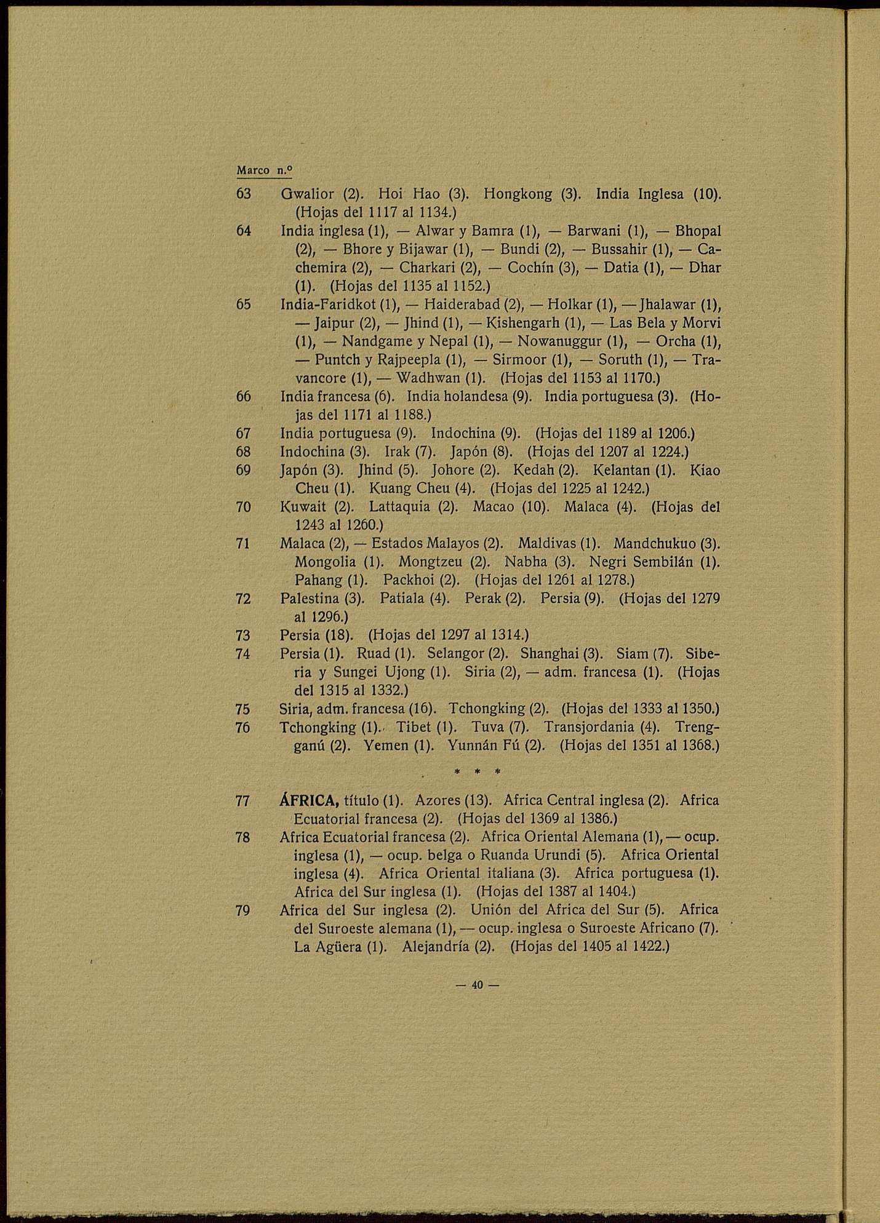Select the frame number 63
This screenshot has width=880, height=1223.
click(244, 194)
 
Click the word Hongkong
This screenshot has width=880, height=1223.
click(518, 194)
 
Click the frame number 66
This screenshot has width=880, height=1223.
click(244, 397)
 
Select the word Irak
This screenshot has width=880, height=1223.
click(398, 452)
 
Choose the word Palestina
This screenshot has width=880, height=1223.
click(310, 598)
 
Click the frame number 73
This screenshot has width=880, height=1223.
click(243, 635)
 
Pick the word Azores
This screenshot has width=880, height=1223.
click(436, 800)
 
